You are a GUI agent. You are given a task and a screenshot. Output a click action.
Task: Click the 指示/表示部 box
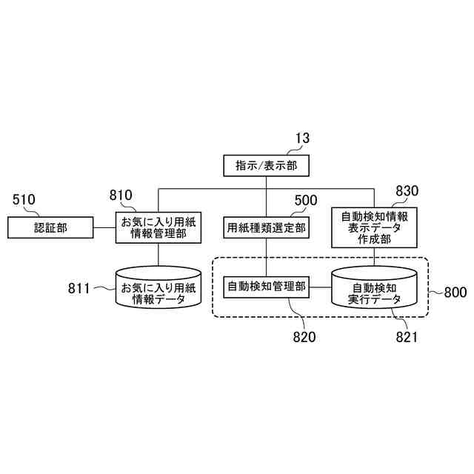pyautogui.click(x=266, y=166)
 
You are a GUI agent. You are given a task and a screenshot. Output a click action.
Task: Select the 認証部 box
pyautogui.click(x=50, y=228)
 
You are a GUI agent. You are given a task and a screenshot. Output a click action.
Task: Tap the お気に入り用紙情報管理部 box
pyautogui.click(x=158, y=228)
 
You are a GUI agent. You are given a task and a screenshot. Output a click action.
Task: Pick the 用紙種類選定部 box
pyautogui.click(x=266, y=228)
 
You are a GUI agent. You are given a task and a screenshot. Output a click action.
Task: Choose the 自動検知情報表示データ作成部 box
pyautogui.click(x=373, y=227)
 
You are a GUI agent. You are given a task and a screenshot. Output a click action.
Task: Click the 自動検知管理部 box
pyautogui.click(x=266, y=287)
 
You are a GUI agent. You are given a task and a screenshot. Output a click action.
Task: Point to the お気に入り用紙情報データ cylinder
pyautogui.click(x=158, y=288)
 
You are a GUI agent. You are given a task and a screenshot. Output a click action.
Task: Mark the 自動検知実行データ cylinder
pyautogui.click(x=373, y=290)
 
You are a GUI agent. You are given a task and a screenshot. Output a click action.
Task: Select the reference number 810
pyautogui.click(x=120, y=196)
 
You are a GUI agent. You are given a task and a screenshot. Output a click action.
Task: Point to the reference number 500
pyautogui.click(x=306, y=200)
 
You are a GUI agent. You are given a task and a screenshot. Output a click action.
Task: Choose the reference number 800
pyautogui.click(x=455, y=292)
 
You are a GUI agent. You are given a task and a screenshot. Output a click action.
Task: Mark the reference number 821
pyautogui.click(x=406, y=337)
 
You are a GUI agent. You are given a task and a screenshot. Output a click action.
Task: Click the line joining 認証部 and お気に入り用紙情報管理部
pyautogui.click(x=104, y=228)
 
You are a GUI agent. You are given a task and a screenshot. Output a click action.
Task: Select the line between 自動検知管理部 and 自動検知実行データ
pyautogui.click(x=319, y=287)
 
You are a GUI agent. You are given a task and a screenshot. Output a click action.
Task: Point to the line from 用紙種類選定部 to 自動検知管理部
pyautogui.click(x=266, y=258)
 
